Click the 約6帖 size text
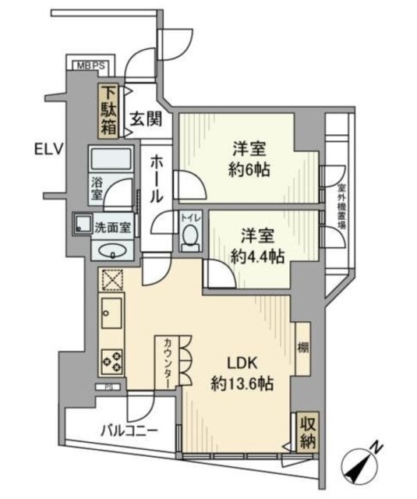click(249, 170)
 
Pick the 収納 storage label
click(306, 431)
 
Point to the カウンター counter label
click(168, 362)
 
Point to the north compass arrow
click(363, 464)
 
